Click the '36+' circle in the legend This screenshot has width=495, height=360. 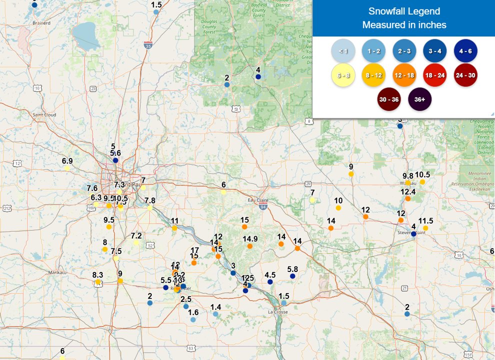[x=419, y=99]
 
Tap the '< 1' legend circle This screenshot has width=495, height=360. [x=343, y=51]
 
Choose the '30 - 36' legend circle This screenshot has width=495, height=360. [x=389, y=99]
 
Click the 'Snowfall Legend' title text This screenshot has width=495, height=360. [x=404, y=11]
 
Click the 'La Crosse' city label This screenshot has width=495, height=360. [x=278, y=312]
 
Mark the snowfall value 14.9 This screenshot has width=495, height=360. [x=250, y=238]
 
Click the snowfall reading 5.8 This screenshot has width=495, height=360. [x=292, y=269]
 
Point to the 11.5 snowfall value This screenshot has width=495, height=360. [x=425, y=220]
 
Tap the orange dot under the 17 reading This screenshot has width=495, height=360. [x=194, y=262]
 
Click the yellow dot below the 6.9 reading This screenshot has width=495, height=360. [x=67, y=168]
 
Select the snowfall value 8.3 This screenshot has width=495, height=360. [x=97, y=274]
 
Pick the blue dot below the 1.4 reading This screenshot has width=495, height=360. [x=215, y=314]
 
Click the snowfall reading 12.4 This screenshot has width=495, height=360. [x=408, y=191]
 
